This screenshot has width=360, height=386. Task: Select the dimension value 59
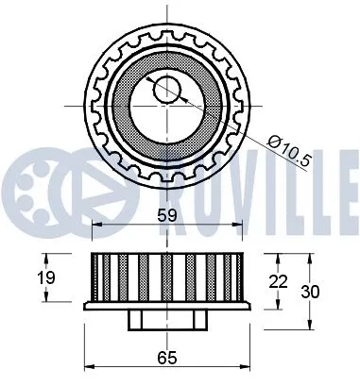tap(167, 216)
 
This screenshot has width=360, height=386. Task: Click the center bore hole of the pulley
tap(167, 90)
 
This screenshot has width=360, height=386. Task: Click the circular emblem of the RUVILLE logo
tap(38, 178)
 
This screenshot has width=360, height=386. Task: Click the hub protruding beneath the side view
tap(167, 322)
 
